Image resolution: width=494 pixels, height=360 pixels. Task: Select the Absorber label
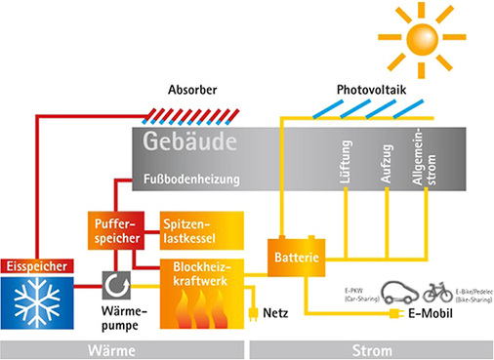[193, 90]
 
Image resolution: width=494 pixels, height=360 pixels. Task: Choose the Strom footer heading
[371, 349]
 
